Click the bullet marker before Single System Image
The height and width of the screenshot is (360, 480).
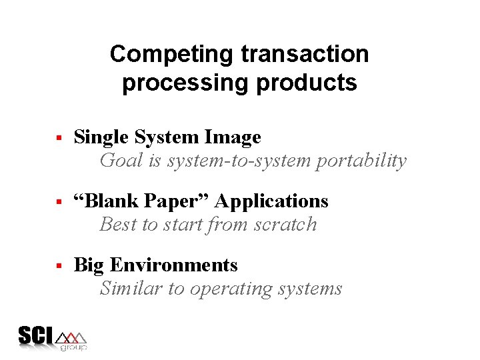coord(59,138)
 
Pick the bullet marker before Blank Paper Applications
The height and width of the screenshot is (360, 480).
coord(59,202)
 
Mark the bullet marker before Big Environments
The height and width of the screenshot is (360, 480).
coord(59,266)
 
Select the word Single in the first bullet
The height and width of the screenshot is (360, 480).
coord(101,137)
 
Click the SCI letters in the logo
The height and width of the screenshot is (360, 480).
coord(35,336)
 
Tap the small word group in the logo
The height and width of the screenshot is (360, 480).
coord(73,347)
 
